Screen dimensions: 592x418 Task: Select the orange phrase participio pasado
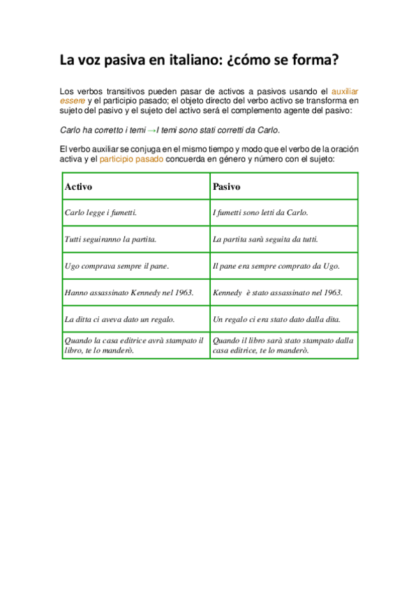(131, 159)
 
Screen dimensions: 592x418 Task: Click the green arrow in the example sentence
(151, 130)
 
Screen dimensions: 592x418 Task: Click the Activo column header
(78, 186)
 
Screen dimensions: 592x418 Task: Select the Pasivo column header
(226, 186)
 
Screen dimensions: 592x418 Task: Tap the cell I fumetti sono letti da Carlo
(260, 212)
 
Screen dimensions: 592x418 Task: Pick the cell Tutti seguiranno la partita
(110, 239)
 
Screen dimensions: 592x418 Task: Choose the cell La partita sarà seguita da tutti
(265, 239)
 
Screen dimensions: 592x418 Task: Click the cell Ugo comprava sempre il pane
(117, 266)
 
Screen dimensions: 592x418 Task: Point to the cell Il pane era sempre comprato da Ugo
(276, 266)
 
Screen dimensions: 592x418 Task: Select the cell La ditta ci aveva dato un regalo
(119, 319)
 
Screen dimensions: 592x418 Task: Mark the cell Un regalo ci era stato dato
(276, 319)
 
